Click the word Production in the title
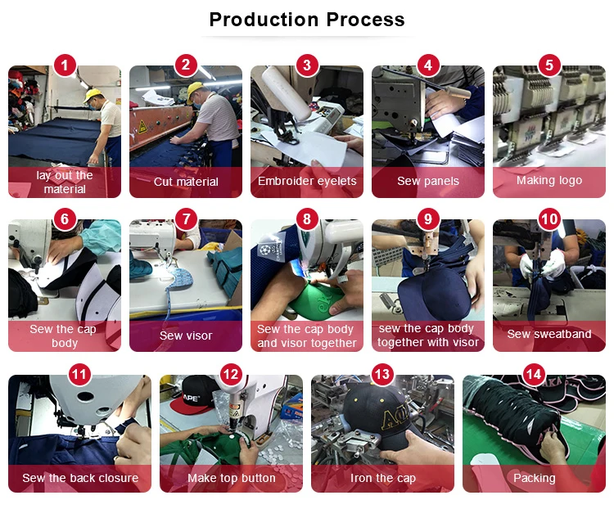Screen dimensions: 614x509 (x=264, y=20)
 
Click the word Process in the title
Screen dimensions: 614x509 (x=365, y=20)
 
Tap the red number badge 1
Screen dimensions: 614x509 (x=65, y=65)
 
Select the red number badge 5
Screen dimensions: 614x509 (x=549, y=65)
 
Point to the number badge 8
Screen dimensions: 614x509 (x=307, y=218)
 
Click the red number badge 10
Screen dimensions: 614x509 (x=549, y=218)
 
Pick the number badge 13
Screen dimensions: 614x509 (x=382, y=374)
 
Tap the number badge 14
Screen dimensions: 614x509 (x=534, y=374)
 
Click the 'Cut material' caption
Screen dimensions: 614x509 (x=186, y=182)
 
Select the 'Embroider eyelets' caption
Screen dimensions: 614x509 (x=307, y=181)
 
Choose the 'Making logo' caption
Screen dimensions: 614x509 (x=549, y=180)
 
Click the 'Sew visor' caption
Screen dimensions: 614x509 (x=186, y=336)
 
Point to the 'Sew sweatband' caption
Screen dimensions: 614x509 (x=549, y=334)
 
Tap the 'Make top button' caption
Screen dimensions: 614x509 (x=232, y=478)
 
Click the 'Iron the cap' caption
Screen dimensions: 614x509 (x=383, y=478)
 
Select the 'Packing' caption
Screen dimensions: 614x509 (x=534, y=478)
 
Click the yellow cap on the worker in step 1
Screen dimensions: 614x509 (x=92, y=95)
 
